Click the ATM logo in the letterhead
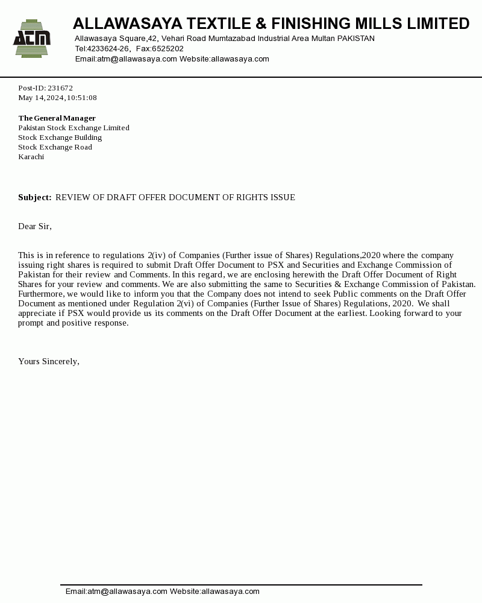(x=32, y=39)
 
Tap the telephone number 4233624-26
(x=108, y=49)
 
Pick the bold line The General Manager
(x=57, y=118)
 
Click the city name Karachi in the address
(x=31, y=157)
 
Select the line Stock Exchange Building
(x=60, y=137)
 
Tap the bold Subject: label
(x=35, y=198)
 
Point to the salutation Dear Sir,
(x=35, y=227)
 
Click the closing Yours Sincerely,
(x=49, y=362)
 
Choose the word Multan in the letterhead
(x=323, y=39)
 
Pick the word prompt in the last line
(x=31, y=323)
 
